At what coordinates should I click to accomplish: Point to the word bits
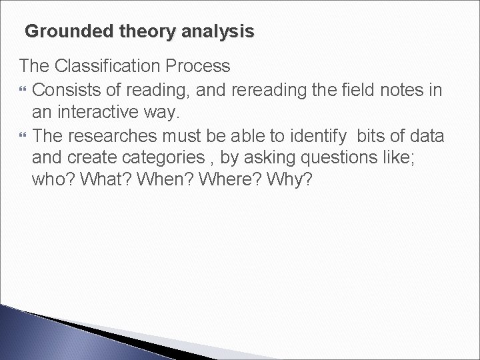coord(373,136)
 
